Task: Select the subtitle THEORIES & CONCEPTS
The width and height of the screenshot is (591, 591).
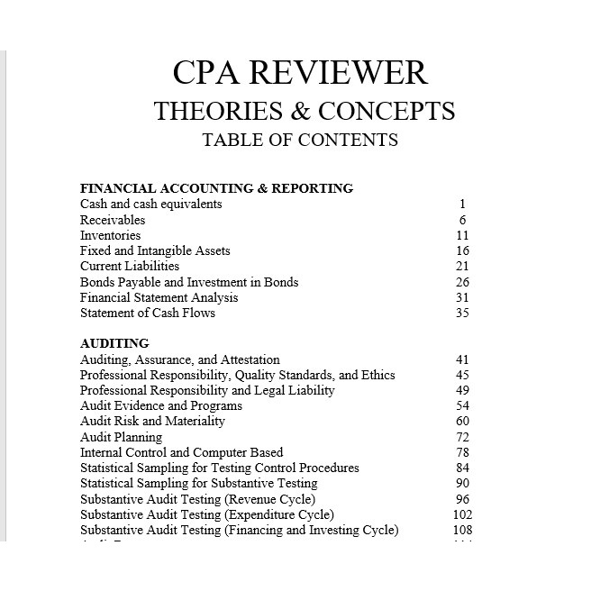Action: (x=304, y=111)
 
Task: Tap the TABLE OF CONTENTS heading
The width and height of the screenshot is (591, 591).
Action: (x=300, y=140)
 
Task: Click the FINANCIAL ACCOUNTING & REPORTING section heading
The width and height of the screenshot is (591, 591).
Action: (x=216, y=188)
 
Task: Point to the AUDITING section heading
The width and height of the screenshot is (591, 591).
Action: (x=114, y=343)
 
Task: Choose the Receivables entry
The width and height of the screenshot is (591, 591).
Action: (x=113, y=220)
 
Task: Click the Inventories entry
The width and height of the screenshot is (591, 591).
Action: (x=110, y=235)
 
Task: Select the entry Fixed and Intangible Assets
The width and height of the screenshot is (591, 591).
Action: (x=155, y=250)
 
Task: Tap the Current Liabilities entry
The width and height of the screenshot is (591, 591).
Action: (x=130, y=266)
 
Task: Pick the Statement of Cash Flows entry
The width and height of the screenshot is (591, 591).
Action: (x=148, y=313)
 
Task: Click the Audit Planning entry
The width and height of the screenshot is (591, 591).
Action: (x=121, y=437)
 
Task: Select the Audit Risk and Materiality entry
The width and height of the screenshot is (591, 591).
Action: (x=152, y=421)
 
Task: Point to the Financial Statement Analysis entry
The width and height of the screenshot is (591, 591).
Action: (x=159, y=297)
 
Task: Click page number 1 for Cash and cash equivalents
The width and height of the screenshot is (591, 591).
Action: (x=462, y=205)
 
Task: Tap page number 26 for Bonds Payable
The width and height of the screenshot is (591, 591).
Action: (x=462, y=282)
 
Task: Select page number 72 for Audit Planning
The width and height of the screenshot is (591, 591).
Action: (x=462, y=437)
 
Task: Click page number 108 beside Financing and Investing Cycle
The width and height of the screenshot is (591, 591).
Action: (x=462, y=530)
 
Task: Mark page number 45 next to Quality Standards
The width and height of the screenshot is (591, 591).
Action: (x=462, y=375)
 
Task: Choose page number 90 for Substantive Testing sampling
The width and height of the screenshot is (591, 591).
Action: (x=462, y=484)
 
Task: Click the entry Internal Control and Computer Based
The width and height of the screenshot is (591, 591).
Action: (x=181, y=452)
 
